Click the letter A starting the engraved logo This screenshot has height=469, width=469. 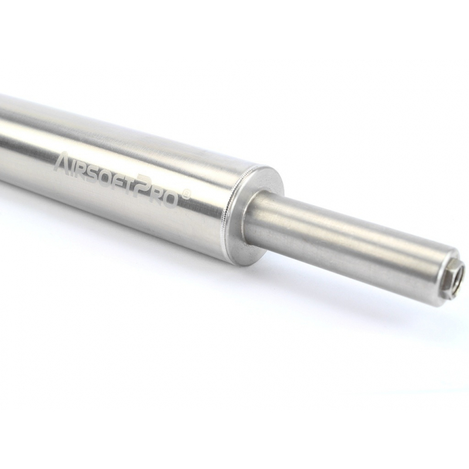[63, 162]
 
